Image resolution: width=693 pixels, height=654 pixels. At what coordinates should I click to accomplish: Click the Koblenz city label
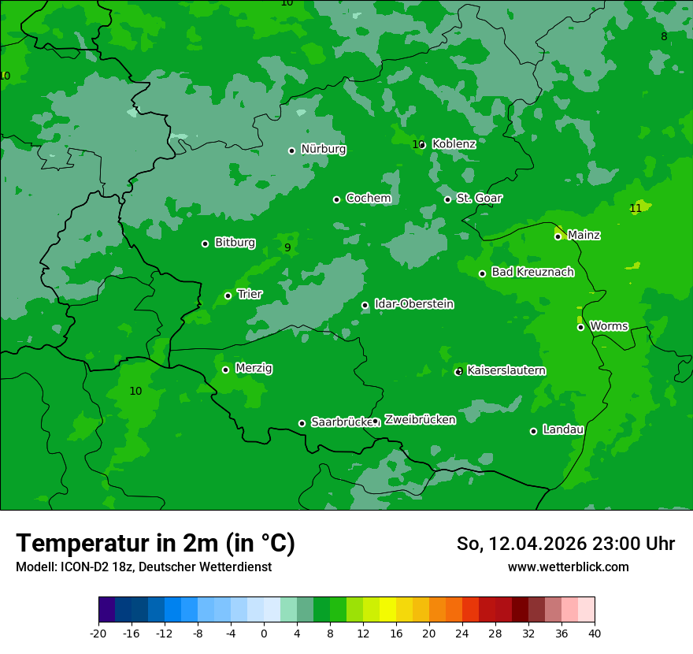tap(454, 144)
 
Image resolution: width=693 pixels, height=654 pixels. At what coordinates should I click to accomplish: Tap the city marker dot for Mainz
tap(558, 236)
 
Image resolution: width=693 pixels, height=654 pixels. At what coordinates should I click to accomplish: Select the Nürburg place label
tap(323, 149)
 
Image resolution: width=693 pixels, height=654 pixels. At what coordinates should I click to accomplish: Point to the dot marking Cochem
tap(336, 199)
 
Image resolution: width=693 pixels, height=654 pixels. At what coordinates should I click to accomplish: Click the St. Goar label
tap(479, 199)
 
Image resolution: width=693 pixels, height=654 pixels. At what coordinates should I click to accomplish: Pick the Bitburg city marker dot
tap(205, 243)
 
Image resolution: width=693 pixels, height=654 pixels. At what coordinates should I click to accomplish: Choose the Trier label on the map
tap(250, 295)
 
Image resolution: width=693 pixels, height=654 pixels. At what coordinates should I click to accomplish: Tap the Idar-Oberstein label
tap(413, 304)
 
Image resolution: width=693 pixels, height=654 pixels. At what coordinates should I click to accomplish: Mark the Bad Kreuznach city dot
tap(482, 274)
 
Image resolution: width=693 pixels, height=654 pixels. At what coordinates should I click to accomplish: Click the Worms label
tap(609, 326)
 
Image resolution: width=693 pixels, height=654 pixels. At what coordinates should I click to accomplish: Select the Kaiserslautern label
tap(506, 370)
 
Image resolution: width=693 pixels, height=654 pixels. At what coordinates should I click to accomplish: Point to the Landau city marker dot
tap(533, 431)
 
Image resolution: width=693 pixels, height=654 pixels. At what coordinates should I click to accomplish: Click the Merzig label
tap(254, 369)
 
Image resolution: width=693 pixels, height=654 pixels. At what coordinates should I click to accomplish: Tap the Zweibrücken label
tap(420, 420)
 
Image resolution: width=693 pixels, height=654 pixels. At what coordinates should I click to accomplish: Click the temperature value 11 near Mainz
tap(636, 209)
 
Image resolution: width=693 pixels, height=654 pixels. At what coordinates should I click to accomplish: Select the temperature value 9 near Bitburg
tap(287, 247)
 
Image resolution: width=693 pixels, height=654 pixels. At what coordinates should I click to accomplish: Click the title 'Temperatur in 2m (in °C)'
tap(155, 543)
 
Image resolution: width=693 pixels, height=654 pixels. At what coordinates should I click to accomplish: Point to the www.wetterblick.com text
tap(568, 567)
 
